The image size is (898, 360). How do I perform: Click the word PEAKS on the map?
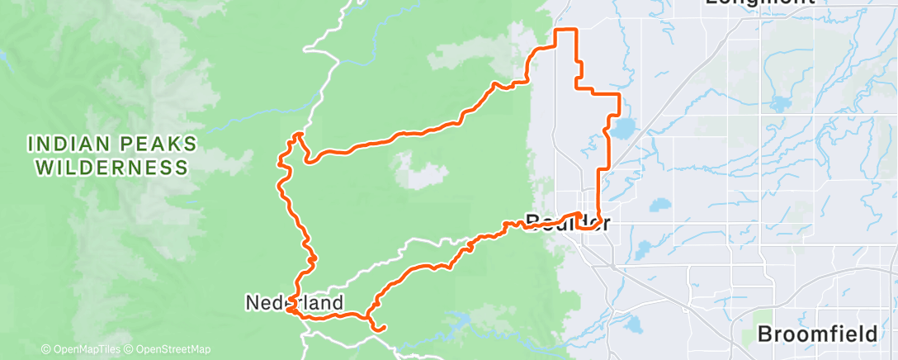(156, 144)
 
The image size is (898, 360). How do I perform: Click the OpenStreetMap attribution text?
(168, 349)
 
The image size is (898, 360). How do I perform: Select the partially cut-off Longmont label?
(759, 3)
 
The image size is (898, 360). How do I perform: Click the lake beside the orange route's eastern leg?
(622, 129)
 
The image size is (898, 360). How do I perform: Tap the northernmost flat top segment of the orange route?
(564, 31)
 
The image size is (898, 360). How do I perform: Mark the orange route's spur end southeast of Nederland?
(383, 329)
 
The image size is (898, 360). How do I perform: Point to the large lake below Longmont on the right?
(780, 105)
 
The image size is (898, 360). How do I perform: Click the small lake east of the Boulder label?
(660, 205)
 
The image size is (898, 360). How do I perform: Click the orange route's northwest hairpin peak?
(298, 134)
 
